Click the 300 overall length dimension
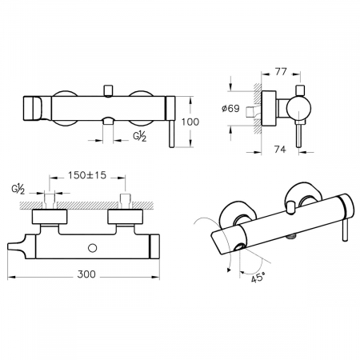coord(86,274)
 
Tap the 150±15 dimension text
coord(87,175)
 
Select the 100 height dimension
coord(190,122)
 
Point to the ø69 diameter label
coord(230,109)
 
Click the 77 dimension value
coord(281,72)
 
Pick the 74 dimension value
coord(280,150)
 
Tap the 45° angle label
coord(258,278)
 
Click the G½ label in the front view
coord(140,137)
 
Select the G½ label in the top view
coord(18,189)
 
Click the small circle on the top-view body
coord(92,248)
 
